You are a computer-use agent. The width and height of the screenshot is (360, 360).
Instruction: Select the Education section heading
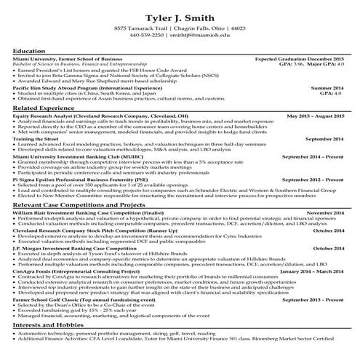coord(29,50)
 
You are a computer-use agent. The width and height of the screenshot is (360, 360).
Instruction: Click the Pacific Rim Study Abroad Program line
coord(88,87)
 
